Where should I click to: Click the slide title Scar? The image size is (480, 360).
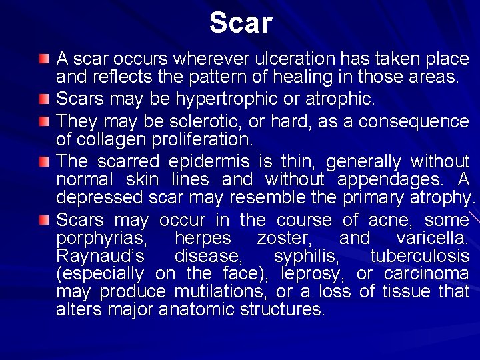point(241,23)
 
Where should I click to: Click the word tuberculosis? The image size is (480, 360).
point(420,256)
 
